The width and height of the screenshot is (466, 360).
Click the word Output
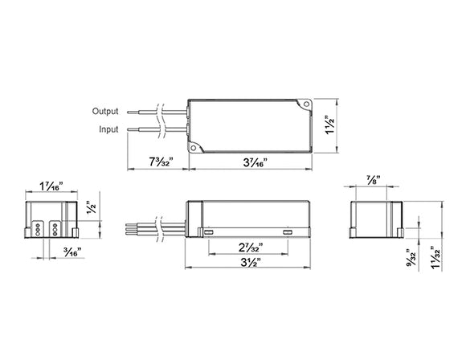106,111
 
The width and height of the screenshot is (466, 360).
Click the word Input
108,128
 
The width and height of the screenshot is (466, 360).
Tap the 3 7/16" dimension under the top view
254,161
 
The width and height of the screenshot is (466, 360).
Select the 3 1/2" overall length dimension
250,261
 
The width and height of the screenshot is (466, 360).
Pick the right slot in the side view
288,231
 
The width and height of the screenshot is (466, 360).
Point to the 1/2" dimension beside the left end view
91,206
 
